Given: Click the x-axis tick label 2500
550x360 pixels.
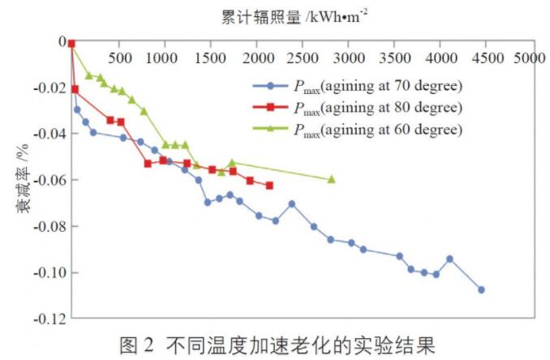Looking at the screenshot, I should (302, 59).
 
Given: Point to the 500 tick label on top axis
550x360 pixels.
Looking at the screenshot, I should (120, 59).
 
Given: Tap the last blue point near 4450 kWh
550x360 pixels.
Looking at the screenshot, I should (481, 289).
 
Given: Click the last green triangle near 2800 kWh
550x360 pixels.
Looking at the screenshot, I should (331, 179).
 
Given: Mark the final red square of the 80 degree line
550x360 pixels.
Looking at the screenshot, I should (269, 186).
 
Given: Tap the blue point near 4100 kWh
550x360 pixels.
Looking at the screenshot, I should (449, 259).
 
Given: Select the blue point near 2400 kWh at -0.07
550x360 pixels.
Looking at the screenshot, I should (292, 204).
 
